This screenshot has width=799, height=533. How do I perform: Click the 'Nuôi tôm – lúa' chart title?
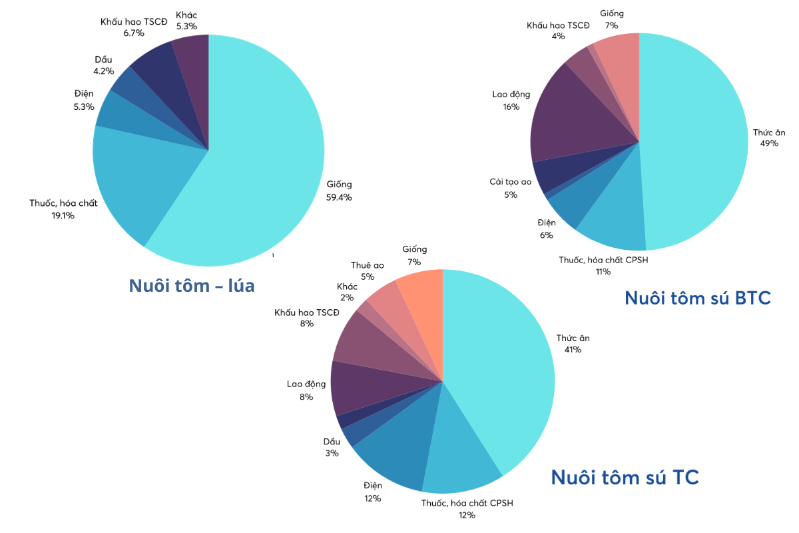(x=192, y=286)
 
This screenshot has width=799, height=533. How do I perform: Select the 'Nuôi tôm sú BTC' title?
(x=697, y=298)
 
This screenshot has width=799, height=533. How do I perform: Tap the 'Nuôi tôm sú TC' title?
(x=625, y=477)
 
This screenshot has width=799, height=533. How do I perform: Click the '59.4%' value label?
(x=339, y=197)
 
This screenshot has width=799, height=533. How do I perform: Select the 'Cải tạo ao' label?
(x=510, y=182)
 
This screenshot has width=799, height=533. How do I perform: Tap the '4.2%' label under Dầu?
(x=104, y=71)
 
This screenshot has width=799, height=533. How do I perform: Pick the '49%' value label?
(x=768, y=143)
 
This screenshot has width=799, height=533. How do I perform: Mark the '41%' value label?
(x=572, y=349)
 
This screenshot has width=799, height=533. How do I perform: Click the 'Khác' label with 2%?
(x=347, y=286)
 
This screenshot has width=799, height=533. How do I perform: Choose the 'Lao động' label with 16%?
(x=511, y=94)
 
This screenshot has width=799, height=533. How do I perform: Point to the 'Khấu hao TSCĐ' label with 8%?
(x=307, y=312)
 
